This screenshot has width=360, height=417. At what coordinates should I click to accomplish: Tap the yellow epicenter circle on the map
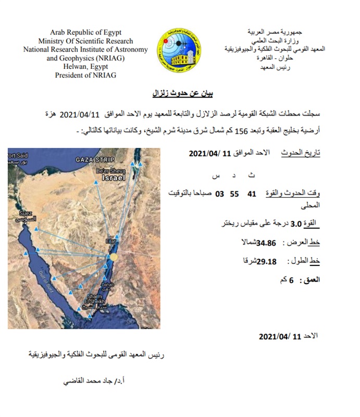point(114,257)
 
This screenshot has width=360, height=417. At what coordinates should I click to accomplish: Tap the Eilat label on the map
point(113,240)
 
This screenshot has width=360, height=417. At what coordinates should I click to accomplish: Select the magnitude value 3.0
point(296,225)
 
